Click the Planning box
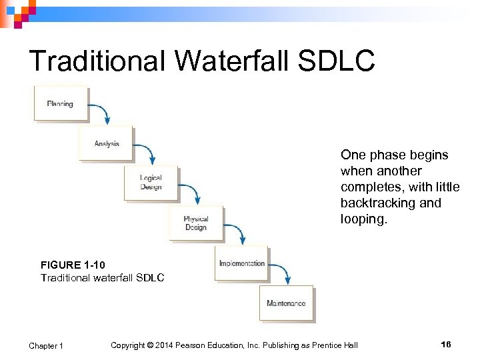(61, 104)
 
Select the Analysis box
(106, 143)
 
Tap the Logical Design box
(151, 183)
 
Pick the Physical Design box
(195, 223)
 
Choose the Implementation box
(241, 263)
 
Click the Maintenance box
(286, 303)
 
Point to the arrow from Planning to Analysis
(101, 113)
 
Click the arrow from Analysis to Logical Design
(146, 153)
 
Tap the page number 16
(446, 344)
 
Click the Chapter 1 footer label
(46, 345)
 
